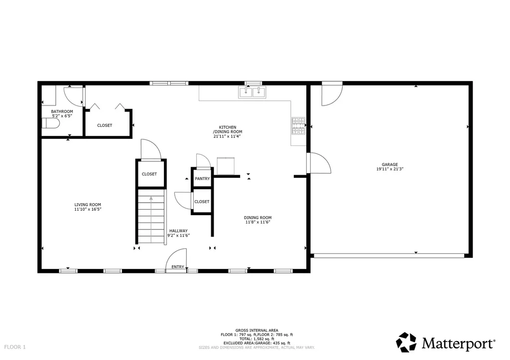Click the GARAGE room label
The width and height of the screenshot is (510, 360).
point(389,164)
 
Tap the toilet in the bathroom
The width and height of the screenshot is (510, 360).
point(50,123)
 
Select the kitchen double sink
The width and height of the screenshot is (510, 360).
point(253,92)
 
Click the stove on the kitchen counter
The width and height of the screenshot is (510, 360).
point(298,126)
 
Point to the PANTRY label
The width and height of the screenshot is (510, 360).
point(202,178)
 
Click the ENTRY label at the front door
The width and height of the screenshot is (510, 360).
point(178,267)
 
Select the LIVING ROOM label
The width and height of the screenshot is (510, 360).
point(88,205)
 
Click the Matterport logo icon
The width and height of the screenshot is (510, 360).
point(406,342)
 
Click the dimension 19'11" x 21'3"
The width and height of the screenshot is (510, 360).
point(389,169)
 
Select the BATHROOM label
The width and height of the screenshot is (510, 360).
point(62,112)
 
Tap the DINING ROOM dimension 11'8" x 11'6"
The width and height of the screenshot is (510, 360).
point(257,223)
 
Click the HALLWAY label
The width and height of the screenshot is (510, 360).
point(178,231)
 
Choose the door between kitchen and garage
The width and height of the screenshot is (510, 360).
point(319,163)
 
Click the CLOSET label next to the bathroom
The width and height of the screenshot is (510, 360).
point(105,125)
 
